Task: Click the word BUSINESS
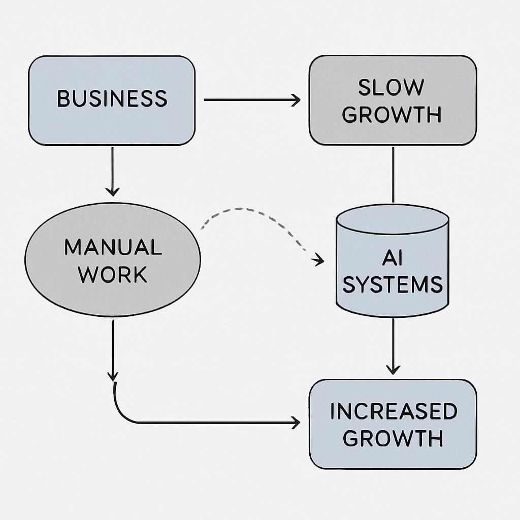point(112,99)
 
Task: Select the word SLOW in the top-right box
point(391,88)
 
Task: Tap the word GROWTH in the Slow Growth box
point(392,115)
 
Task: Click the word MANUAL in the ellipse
point(113,247)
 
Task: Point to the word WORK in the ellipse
point(113,275)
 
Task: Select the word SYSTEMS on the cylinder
point(393,284)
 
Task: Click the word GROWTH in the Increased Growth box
point(393,438)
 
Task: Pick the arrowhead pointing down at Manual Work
point(112,191)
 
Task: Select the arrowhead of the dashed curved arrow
point(319,261)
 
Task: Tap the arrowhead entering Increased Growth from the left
point(295,422)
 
